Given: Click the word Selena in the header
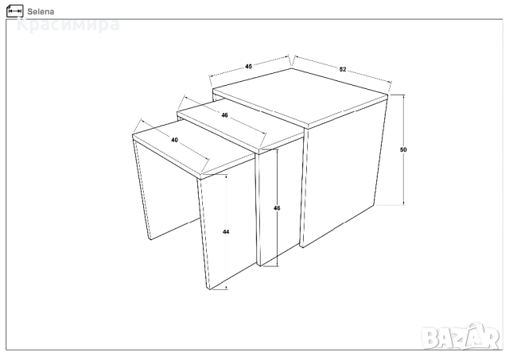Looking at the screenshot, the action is click(41, 12).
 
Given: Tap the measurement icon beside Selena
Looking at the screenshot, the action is click(14, 11).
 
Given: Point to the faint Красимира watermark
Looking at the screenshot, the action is click(68, 25).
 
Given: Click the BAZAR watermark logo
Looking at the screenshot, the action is click(461, 337).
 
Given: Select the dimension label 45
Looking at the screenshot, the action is click(248, 67).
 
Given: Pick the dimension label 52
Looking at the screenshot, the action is click(343, 69).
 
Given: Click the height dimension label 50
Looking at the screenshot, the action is click(403, 149).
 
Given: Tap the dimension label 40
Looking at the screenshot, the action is click(175, 140).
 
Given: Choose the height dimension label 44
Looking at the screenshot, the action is click(226, 231).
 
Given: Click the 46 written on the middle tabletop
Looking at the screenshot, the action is click(224, 115).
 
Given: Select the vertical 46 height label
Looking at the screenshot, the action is click(277, 208).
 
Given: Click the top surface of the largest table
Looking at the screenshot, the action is click(301, 96).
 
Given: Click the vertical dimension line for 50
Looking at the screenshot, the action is click(403, 150).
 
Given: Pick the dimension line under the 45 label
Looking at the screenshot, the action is click(249, 67).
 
